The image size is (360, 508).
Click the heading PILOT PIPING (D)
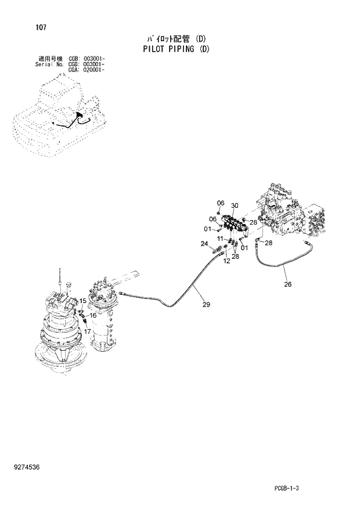[176, 49]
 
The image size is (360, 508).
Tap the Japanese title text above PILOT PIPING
[176, 39]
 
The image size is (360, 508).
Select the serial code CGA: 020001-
[87, 70]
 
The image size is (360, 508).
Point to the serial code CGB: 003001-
[87, 59]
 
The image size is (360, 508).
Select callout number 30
[235, 206]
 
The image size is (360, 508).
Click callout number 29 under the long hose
[206, 304]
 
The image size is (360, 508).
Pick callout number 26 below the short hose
[287, 284]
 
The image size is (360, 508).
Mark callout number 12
[226, 261]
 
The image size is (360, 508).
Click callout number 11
[221, 239]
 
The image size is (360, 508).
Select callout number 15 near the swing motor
[83, 300]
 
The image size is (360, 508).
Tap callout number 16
[93, 315]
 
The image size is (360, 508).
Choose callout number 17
[88, 332]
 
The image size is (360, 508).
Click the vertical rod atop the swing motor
[60, 278]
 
